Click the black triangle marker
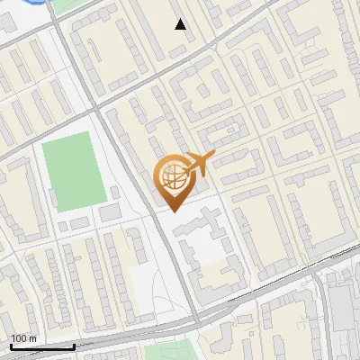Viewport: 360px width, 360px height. tap(181, 24)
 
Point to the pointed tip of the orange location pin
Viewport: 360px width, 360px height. tap(172, 211)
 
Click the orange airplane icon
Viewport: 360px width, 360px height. tap(197, 165)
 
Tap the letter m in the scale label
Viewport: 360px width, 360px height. tap(32, 338)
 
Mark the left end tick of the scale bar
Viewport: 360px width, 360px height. tap(10, 346)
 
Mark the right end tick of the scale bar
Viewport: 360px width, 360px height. tap(74, 346)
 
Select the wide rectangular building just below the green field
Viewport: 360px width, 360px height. tap(110, 213)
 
